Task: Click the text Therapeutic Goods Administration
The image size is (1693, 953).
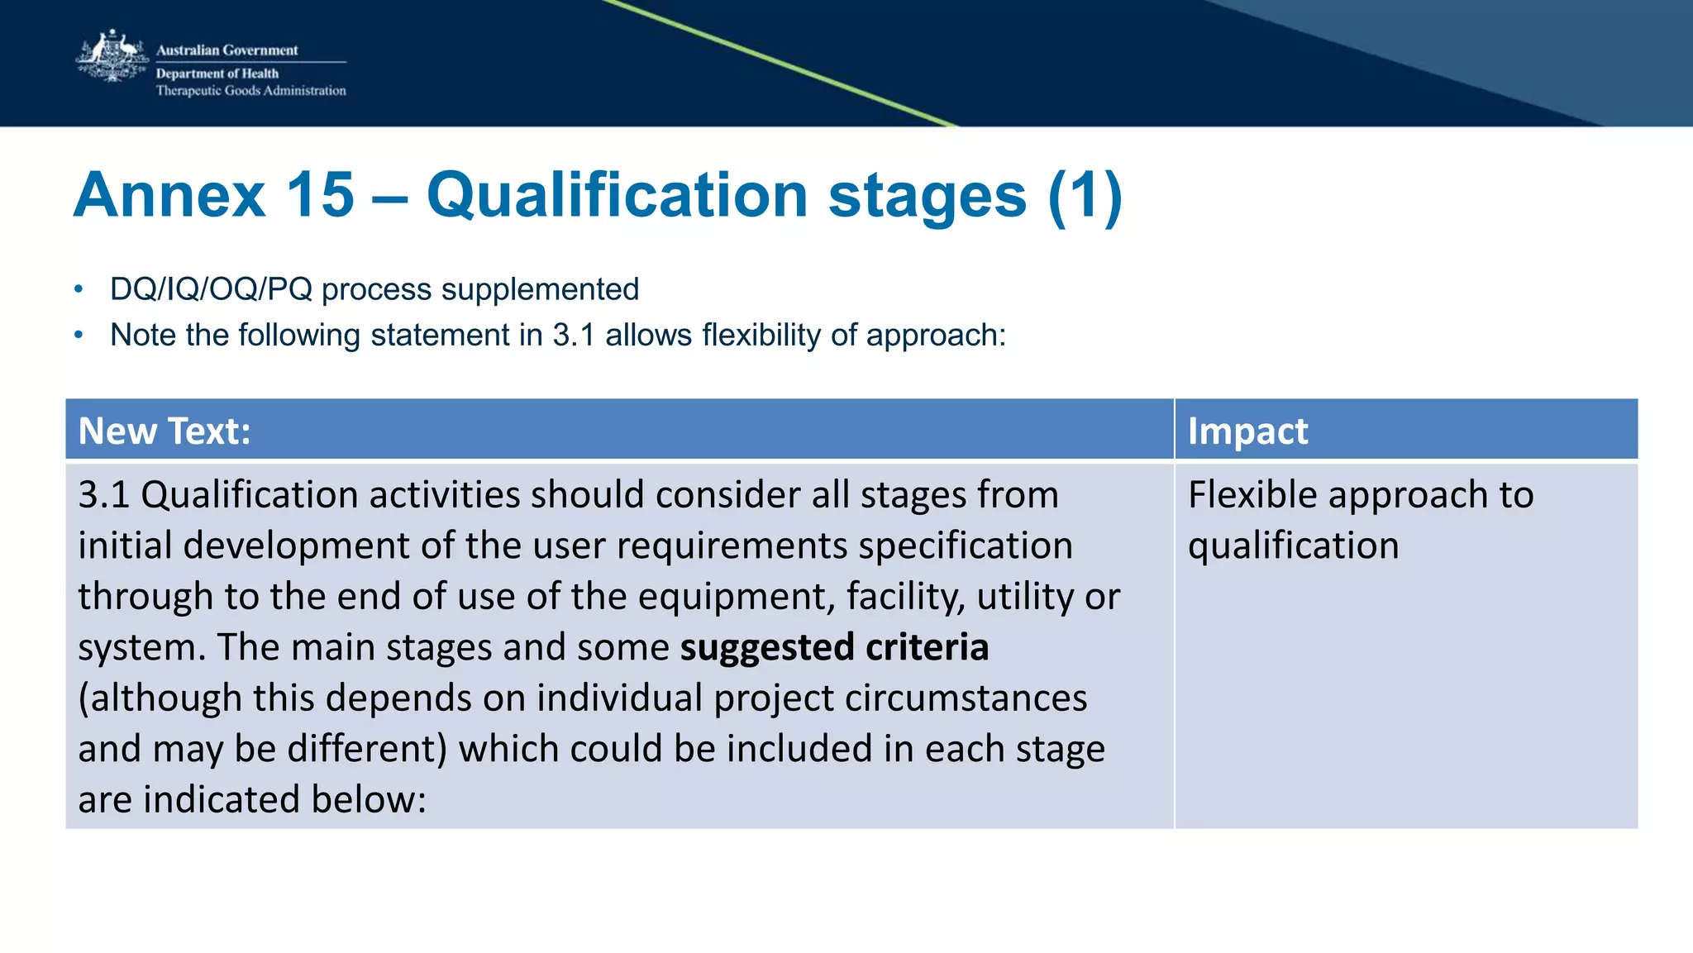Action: [x=250, y=91]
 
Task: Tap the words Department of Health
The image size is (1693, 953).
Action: [x=217, y=74]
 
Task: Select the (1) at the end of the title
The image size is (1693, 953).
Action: [x=1085, y=196]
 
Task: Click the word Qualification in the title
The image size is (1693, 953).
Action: [x=617, y=196]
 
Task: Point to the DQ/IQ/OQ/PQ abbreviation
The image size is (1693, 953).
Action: [x=211, y=289]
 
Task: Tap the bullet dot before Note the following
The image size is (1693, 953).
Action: [x=79, y=335]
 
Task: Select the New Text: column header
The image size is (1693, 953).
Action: [x=165, y=431]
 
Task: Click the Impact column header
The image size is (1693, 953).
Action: [x=1247, y=431]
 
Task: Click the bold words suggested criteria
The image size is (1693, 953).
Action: [x=834, y=647]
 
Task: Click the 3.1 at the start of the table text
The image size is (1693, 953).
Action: [x=103, y=494]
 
